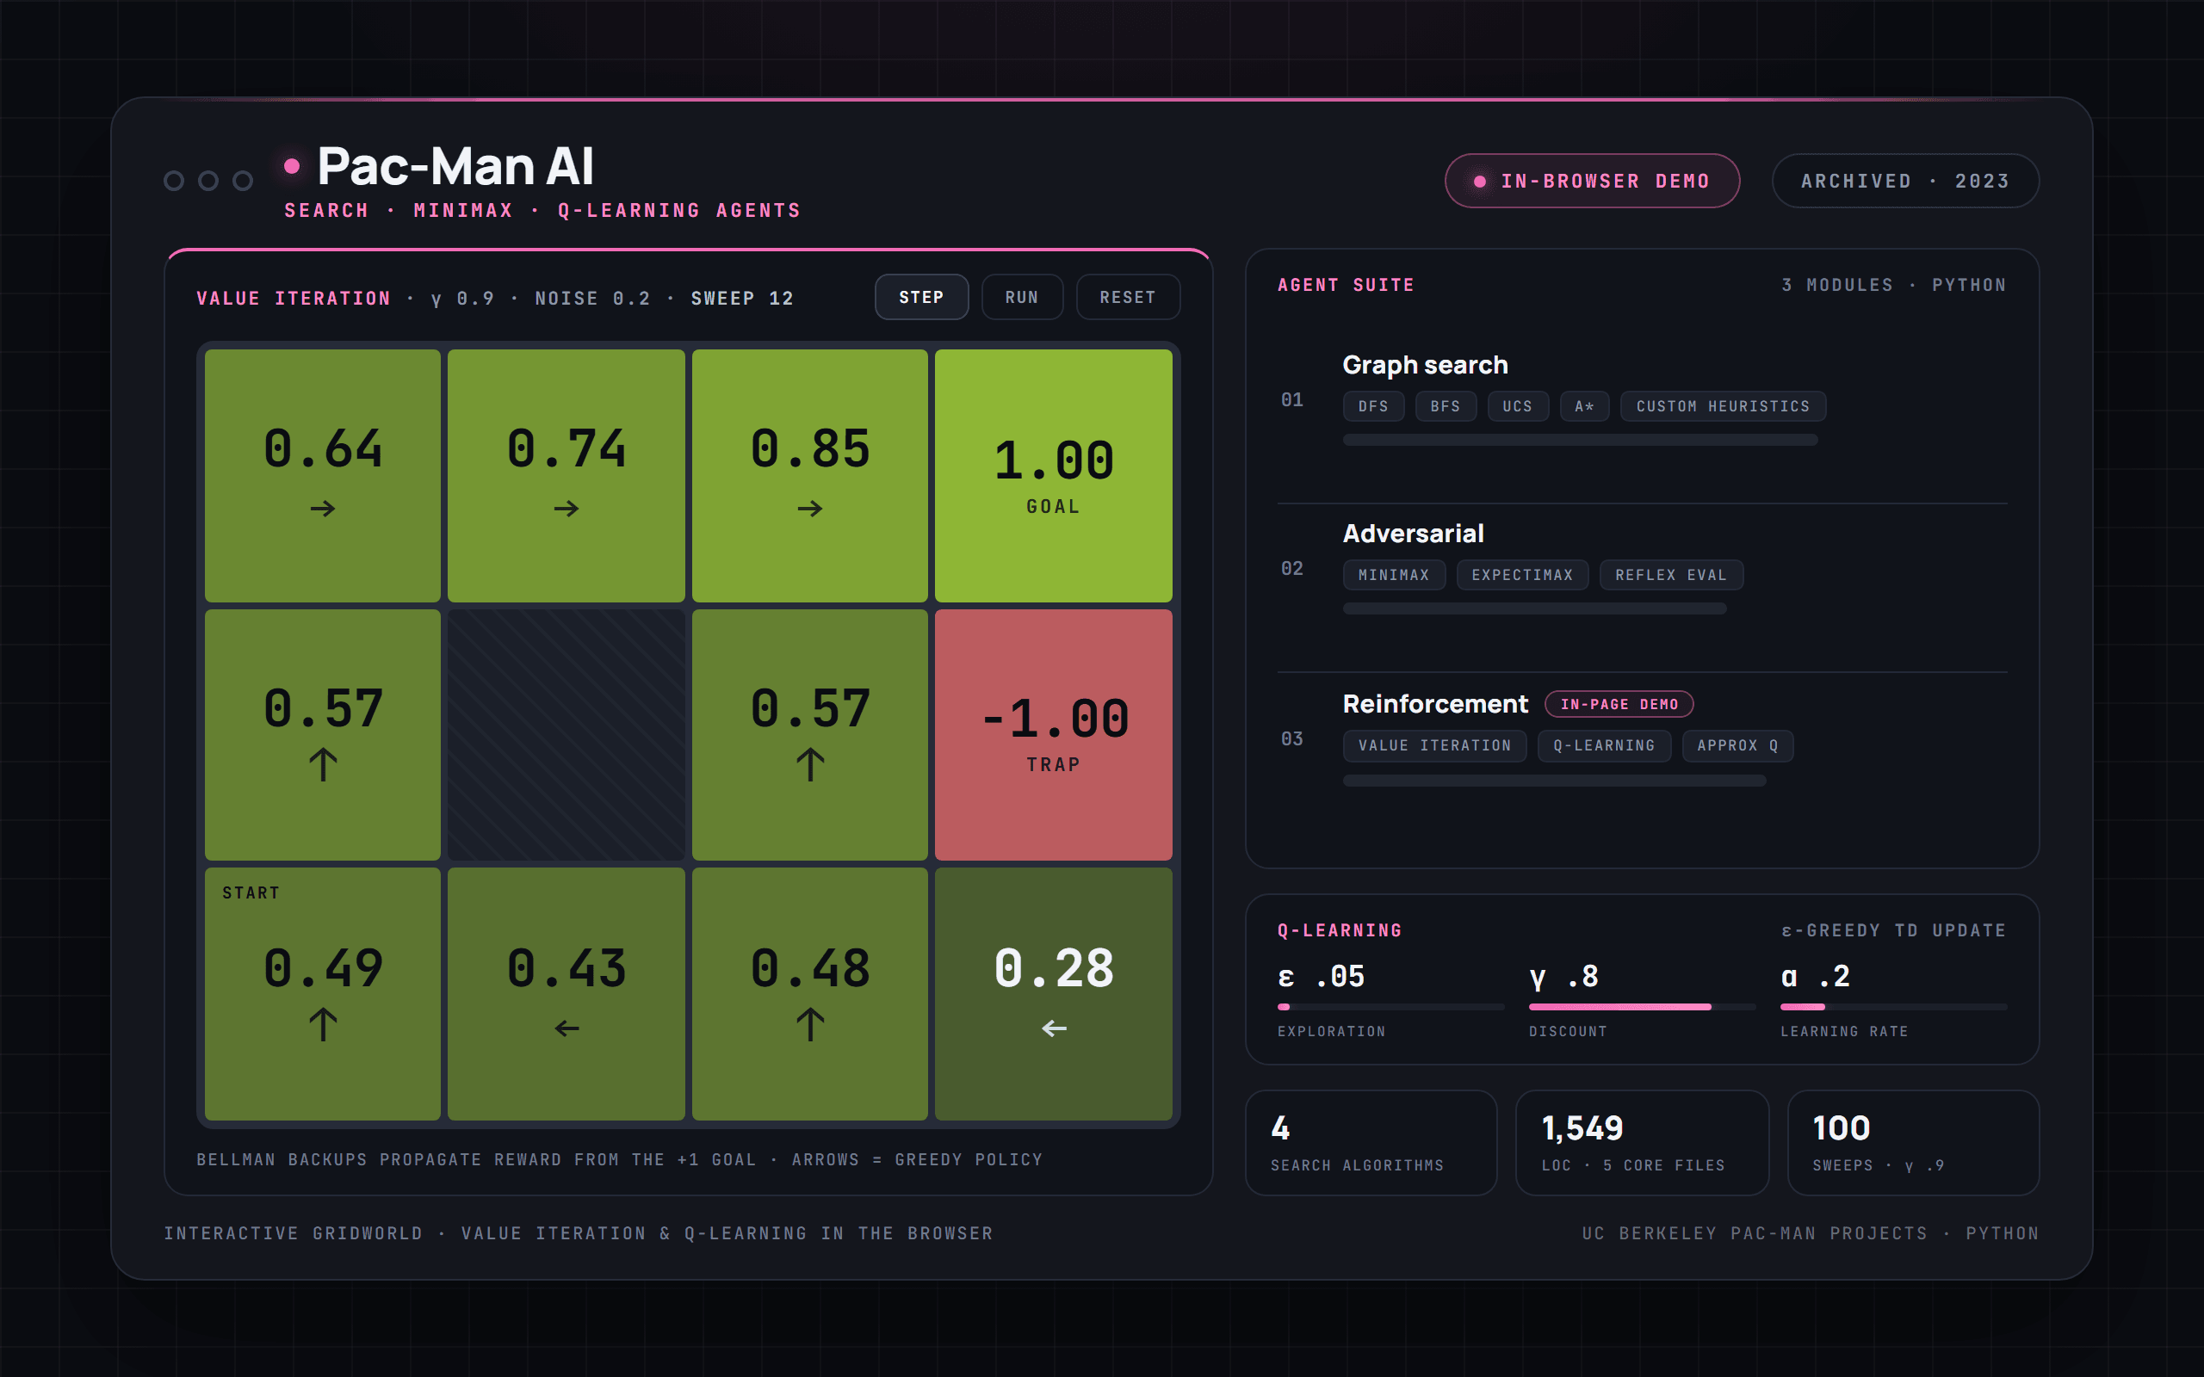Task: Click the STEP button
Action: pos(920,297)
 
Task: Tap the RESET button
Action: pos(1128,297)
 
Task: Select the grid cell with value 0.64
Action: pos(322,475)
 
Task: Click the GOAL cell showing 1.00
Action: pos(1053,475)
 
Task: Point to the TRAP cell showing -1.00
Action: pos(1053,734)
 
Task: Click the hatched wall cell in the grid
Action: pos(566,734)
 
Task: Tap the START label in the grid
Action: pos(251,892)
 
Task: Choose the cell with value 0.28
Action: pos(1053,993)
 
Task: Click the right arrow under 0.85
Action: pos(809,508)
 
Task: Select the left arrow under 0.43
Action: pos(566,1028)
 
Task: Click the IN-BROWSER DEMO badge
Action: pos(1592,182)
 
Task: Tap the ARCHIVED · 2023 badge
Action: pos(1904,182)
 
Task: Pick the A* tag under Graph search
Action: pos(1584,406)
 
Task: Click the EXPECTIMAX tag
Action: pos(1522,575)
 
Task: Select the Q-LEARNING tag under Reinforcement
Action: pos(1604,745)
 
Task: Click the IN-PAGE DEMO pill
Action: pos(1619,704)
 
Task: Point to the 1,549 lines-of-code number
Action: pos(1582,1128)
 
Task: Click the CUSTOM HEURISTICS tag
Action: pos(1722,406)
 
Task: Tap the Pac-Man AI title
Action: pos(455,167)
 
